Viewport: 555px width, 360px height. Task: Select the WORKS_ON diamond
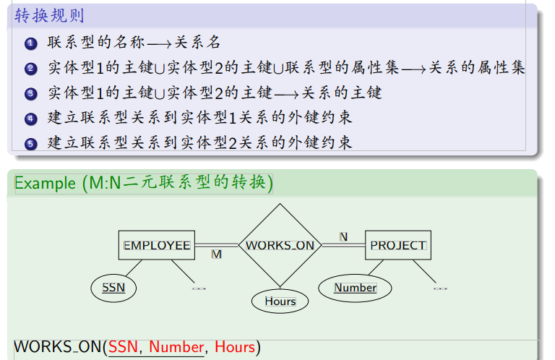pos(280,245)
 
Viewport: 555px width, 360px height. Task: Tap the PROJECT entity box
pos(398,245)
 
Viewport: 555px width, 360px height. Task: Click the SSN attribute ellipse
pos(113,288)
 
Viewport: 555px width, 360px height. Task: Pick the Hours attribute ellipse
pos(280,301)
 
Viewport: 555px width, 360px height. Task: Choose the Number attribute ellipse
pos(355,288)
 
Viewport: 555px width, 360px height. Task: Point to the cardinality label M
pos(216,254)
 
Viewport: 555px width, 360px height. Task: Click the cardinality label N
pos(343,236)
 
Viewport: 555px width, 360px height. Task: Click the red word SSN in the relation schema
pos(123,347)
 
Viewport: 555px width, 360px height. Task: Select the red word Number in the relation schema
pos(176,347)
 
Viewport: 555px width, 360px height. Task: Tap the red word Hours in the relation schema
pos(235,347)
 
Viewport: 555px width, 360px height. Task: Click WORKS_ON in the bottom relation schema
pos(58,347)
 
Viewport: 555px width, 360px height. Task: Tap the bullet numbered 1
pos(30,44)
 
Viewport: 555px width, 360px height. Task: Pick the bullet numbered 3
pos(30,94)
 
